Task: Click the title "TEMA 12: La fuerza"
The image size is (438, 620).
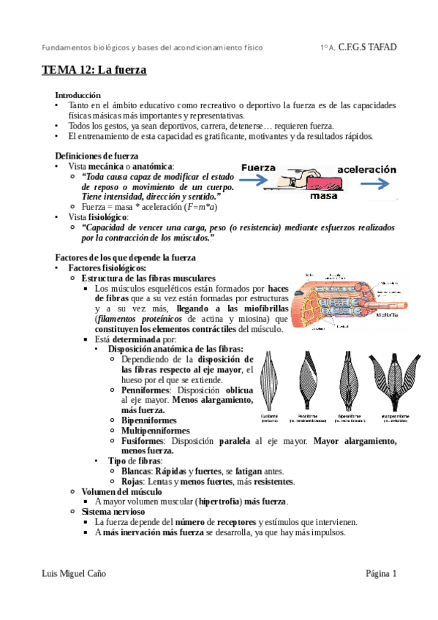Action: [x=94, y=71]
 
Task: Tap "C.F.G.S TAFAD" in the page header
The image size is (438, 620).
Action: [x=368, y=48]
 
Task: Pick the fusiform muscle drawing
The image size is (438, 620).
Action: [x=270, y=381]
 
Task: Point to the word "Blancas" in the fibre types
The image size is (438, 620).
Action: [x=136, y=472]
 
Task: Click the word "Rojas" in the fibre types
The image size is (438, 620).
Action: [x=132, y=482]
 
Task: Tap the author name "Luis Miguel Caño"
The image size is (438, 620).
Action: [x=74, y=574]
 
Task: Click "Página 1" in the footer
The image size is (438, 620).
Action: [x=381, y=574]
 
